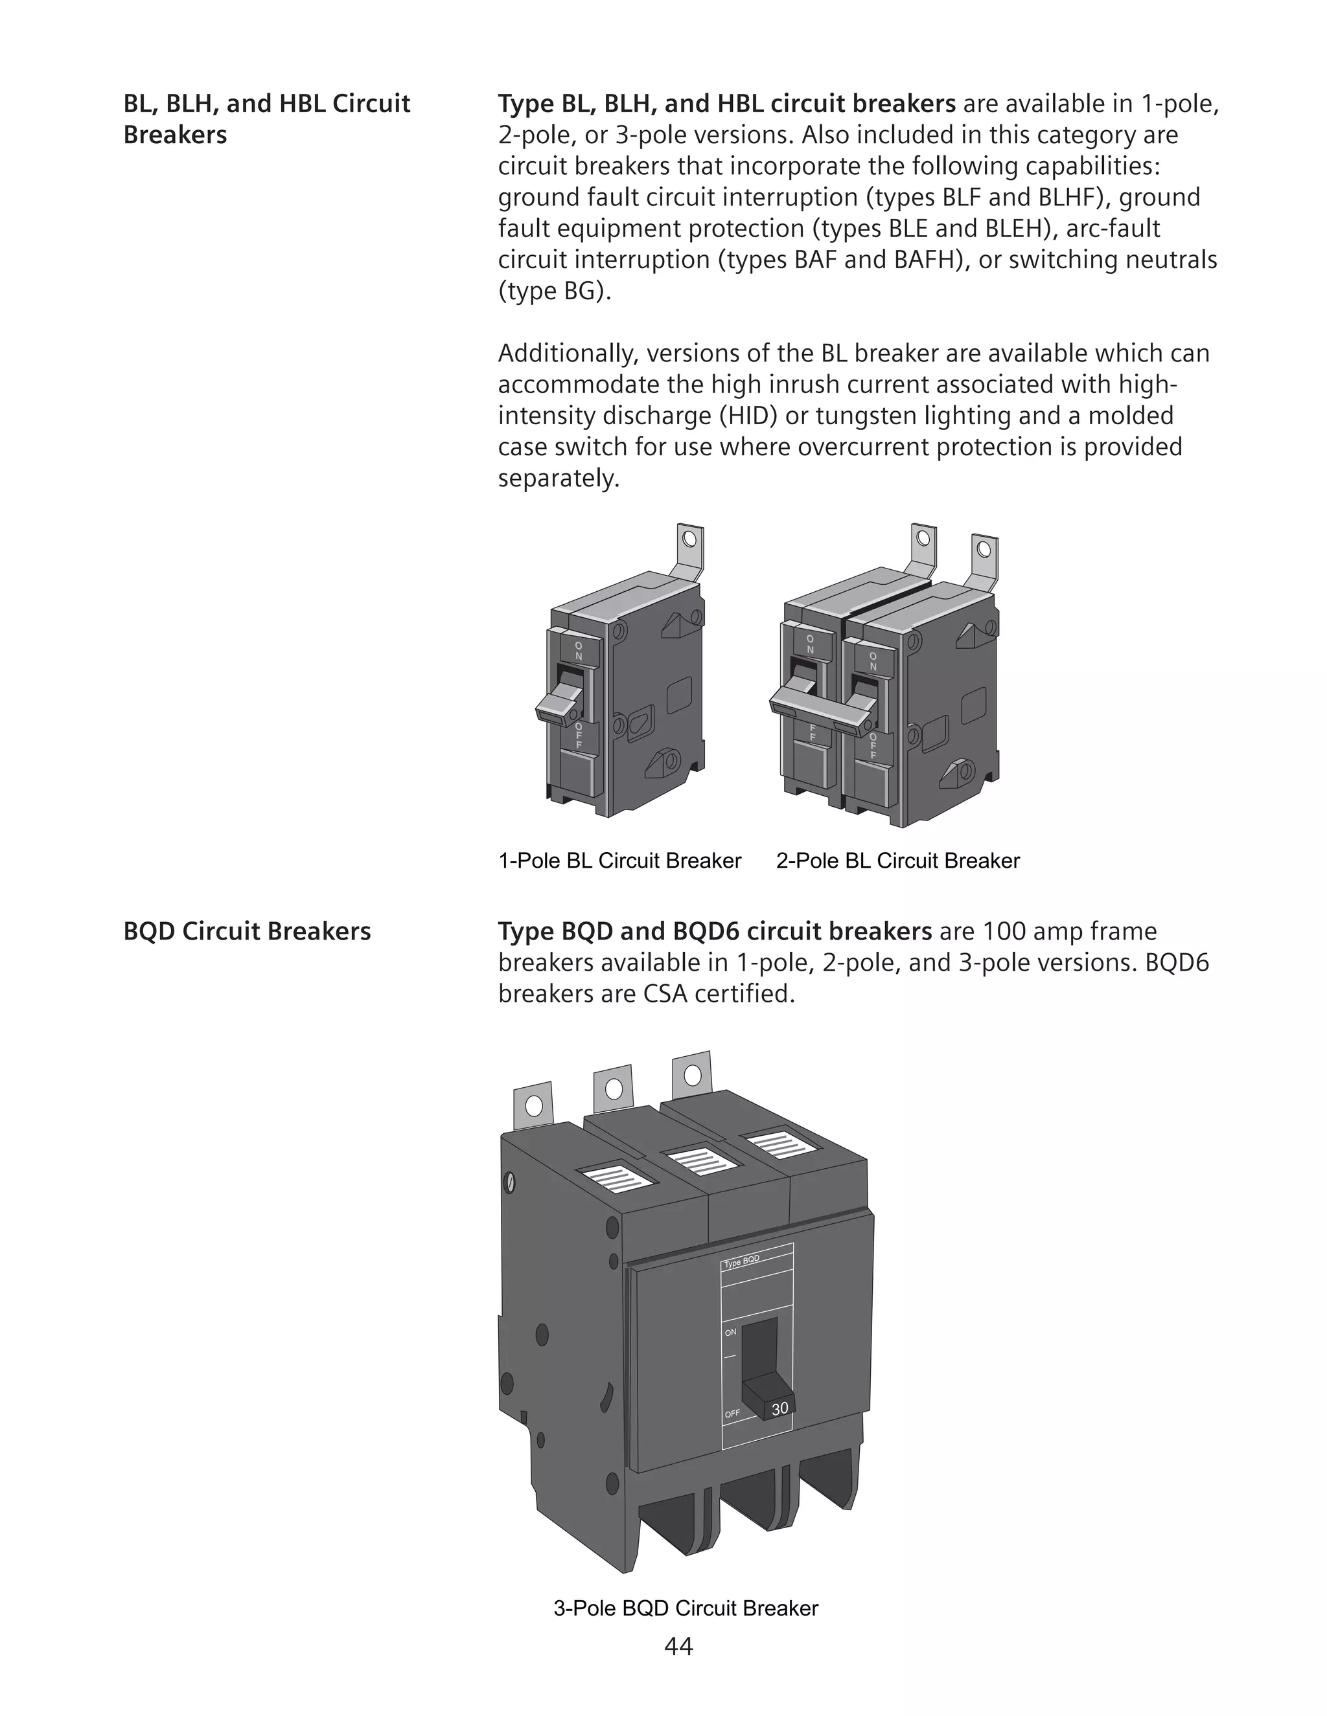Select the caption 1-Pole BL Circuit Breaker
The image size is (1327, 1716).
(619, 861)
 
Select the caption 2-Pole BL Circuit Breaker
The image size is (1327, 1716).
(898, 861)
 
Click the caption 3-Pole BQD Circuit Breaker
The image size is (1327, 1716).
(686, 1609)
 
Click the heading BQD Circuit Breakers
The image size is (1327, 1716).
(247, 931)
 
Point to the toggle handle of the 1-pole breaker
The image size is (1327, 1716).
(560, 705)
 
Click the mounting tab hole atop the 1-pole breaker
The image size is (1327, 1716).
(689, 540)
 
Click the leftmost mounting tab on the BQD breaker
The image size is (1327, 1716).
(533, 1105)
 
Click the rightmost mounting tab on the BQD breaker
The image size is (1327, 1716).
(692, 1074)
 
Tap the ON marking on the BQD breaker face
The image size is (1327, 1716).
(730, 1333)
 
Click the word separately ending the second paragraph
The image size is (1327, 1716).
(558, 478)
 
